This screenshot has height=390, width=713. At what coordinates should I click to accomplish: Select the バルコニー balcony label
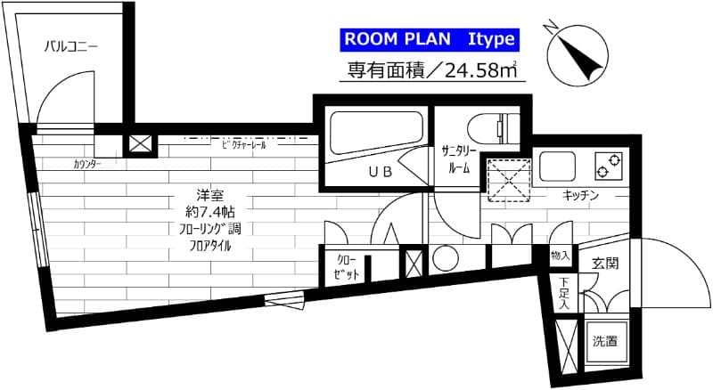coord(70,46)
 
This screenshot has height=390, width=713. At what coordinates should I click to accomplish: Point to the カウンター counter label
coord(87,165)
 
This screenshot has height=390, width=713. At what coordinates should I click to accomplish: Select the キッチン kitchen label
coord(580,194)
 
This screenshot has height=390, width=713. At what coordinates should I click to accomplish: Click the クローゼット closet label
coord(347,267)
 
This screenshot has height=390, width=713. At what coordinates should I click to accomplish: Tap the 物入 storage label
coord(561,256)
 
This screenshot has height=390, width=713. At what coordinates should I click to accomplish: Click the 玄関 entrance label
coord(605,264)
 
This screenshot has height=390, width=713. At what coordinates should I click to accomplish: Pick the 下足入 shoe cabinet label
coord(564,294)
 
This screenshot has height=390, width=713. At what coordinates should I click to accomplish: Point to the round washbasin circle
coord(444,258)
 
